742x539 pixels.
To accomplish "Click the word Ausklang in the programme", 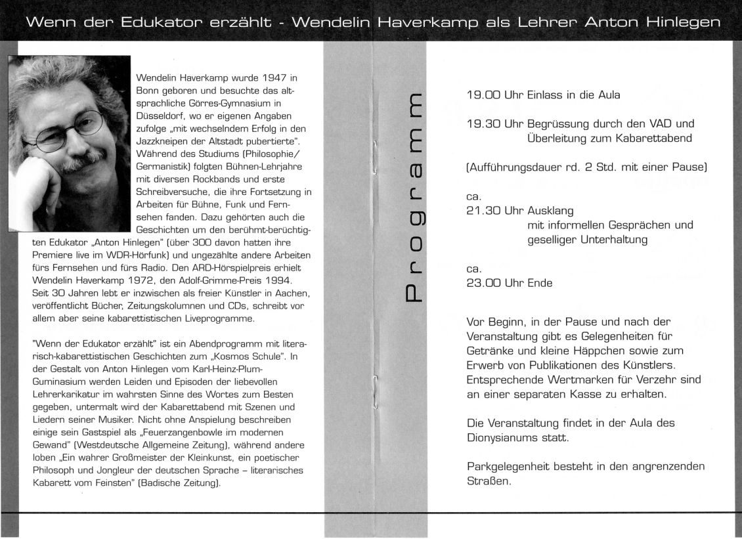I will (550, 211).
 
